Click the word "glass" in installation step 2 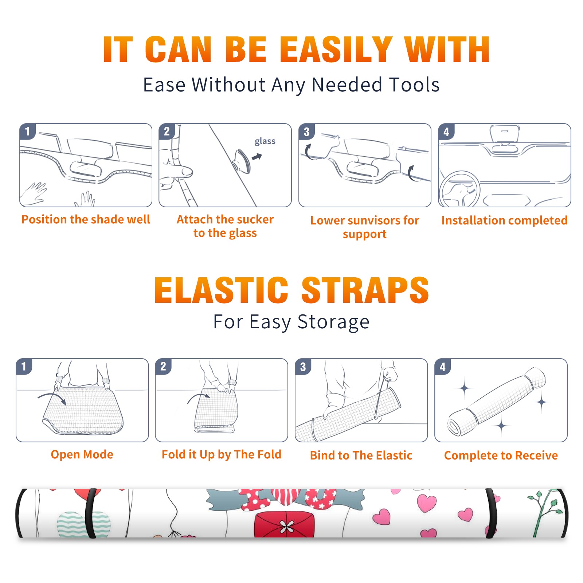click(x=265, y=141)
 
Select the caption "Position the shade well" click(x=86, y=219)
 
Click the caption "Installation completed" click(x=504, y=220)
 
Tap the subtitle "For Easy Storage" click(x=291, y=322)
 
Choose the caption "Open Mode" click(x=82, y=454)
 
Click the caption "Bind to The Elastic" click(x=361, y=455)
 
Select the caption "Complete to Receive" click(x=501, y=455)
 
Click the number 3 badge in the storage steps click(x=303, y=367)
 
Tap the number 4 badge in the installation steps click(x=446, y=132)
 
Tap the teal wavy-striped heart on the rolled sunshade click(x=83, y=524)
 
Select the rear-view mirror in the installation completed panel click(x=505, y=134)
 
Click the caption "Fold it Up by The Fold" click(x=222, y=454)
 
